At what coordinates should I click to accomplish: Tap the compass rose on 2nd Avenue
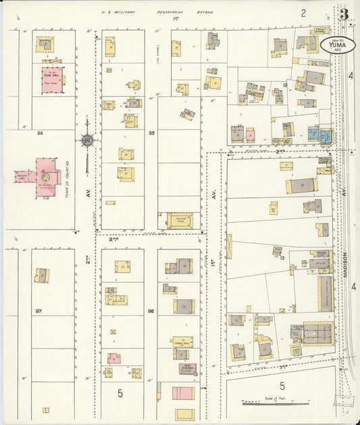point(87,141)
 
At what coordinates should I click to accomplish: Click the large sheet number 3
point(344,14)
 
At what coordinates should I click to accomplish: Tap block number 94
point(40,134)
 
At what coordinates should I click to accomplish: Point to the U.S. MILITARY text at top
point(118,12)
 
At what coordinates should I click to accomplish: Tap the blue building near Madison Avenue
point(313,134)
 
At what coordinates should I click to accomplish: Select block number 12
point(285,85)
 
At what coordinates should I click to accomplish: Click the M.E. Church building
point(187,369)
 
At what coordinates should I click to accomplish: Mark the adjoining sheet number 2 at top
point(303,13)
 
